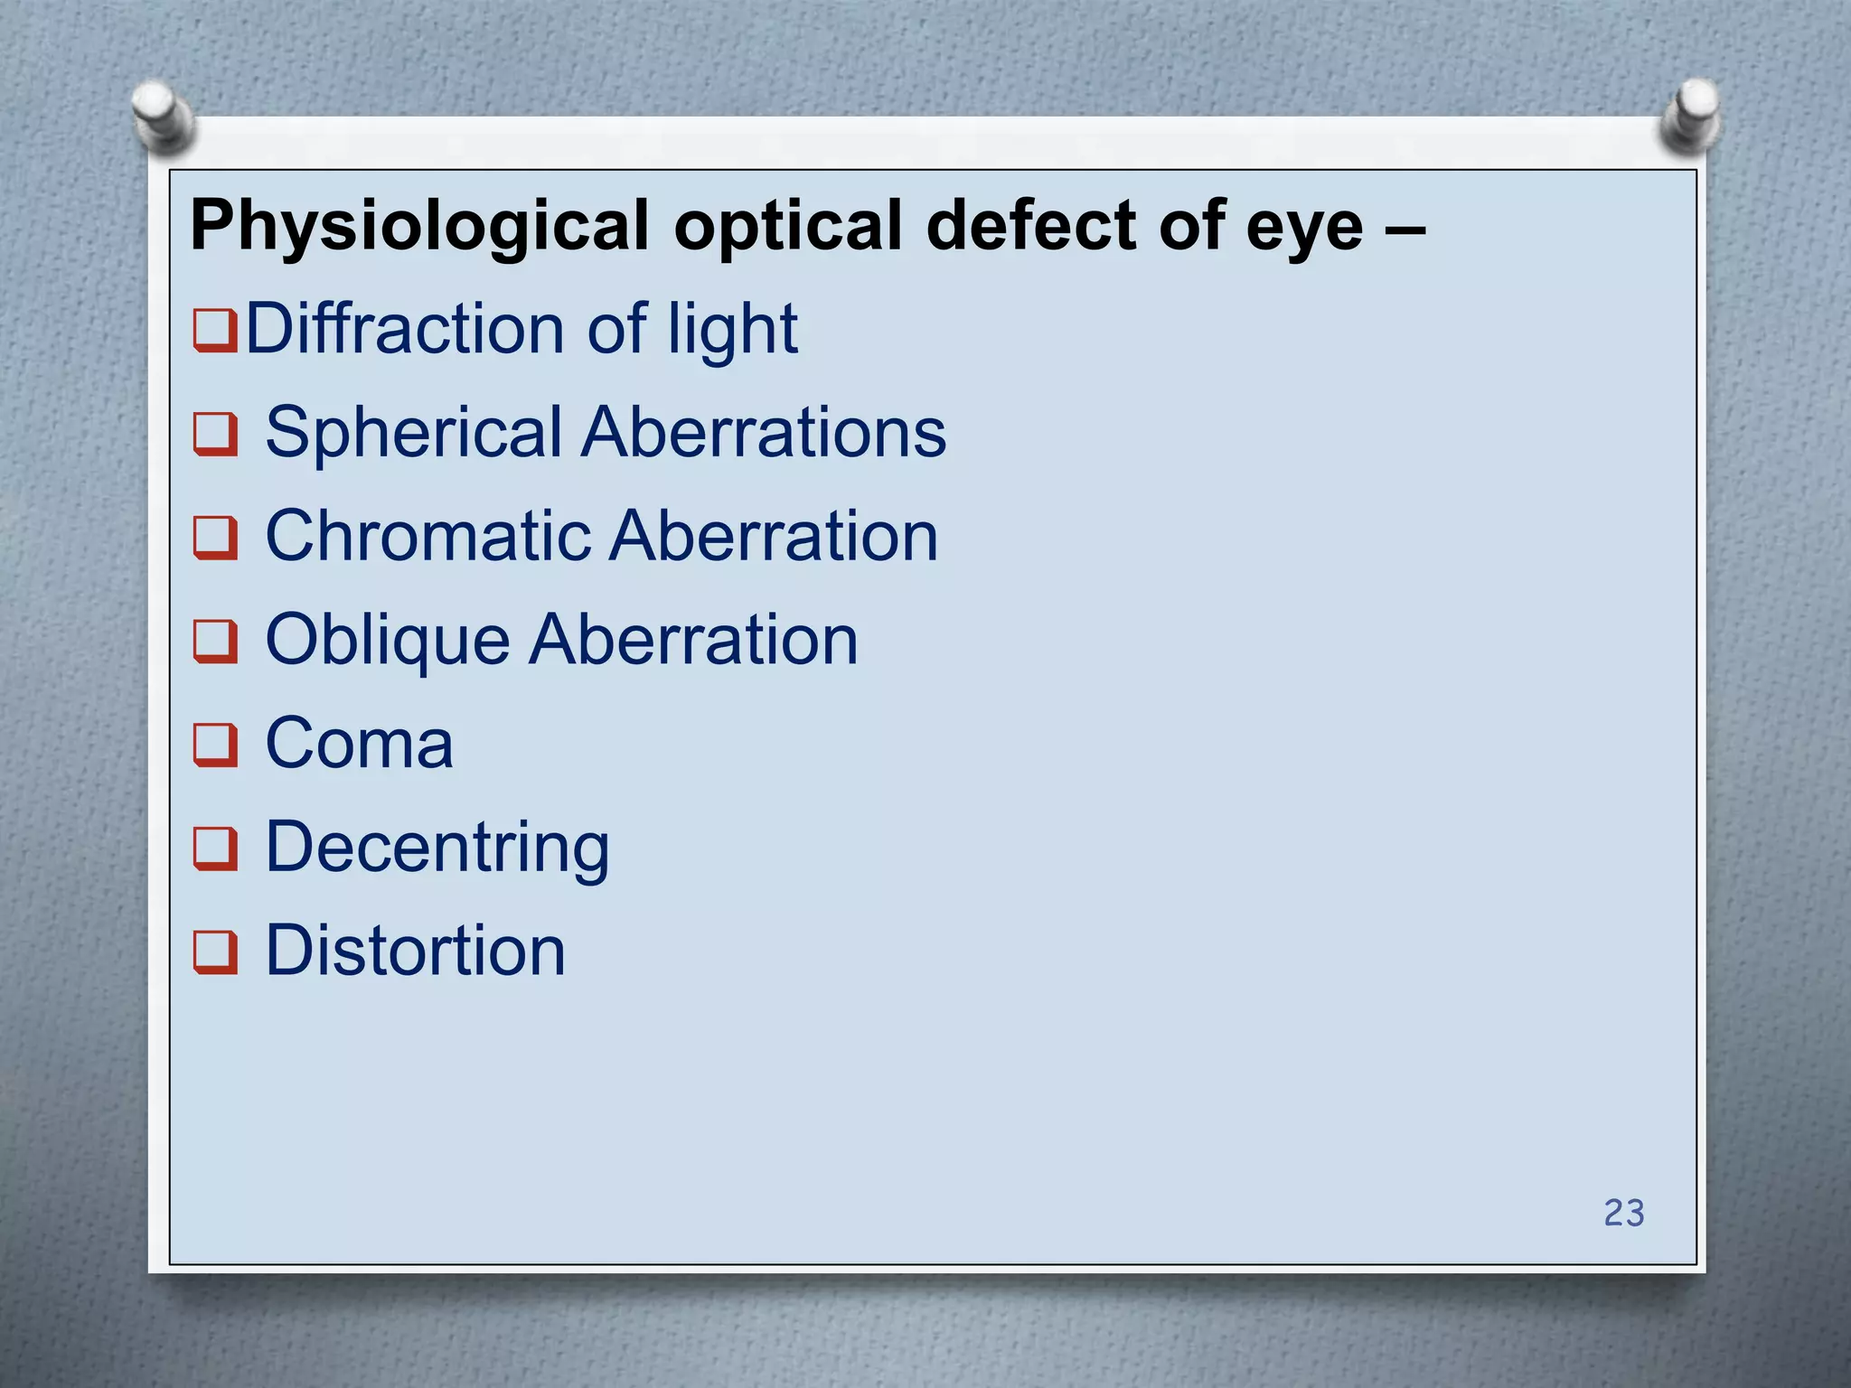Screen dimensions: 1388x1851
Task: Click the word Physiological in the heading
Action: click(419, 227)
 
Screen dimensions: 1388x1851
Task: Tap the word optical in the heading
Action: click(788, 227)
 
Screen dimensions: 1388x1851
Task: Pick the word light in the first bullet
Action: click(733, 330)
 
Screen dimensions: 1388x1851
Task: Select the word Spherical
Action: click(415, 433)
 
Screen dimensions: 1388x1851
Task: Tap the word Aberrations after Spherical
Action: click(764, 432)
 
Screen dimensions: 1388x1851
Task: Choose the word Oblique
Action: click(388, 641)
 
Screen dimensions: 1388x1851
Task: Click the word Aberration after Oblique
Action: click(694, 640)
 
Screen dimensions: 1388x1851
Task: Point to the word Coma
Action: click(359, 744)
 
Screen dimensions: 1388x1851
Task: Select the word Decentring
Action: click(437, 849)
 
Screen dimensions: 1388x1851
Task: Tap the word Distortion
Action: click(415, 951)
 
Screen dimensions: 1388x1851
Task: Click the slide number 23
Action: click(1623, 1213)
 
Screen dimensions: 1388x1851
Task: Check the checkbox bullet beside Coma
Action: click(215, 746)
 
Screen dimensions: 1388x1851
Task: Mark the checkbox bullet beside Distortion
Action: click(215, 953)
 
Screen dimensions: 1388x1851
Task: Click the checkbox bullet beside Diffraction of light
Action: click(215, 331)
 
